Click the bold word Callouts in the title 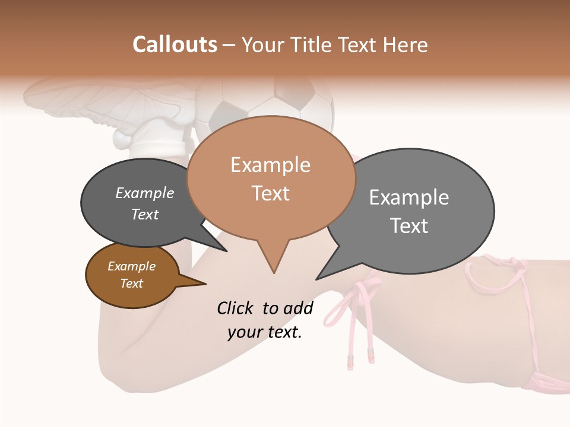click(175, 44)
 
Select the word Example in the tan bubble click(270, 165)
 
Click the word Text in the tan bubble click(270, 193)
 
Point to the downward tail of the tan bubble click(274, 261)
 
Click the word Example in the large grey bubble click(408, 197)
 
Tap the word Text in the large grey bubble click(408, 226)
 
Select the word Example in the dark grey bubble click(144, 193)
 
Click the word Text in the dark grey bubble click(144, 214)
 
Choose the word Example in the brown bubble click(131, 266)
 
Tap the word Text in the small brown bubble click(131, 283)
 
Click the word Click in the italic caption click(236, 308)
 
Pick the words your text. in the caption click(265, 332)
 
